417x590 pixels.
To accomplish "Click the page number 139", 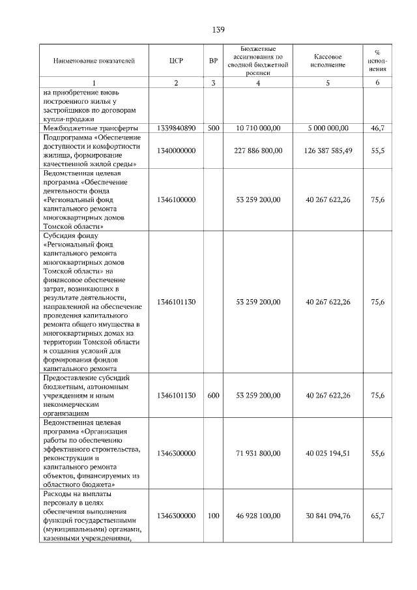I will click(218, 30).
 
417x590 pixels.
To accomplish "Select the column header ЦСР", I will click(176, 61).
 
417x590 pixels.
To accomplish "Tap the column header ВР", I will click(213, 61).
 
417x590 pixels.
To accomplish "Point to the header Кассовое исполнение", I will click(328, 61).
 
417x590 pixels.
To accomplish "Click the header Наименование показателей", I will click(94, 61).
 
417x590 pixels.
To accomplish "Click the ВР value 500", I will click(213, 128).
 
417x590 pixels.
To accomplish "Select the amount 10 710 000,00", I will click(259, 128).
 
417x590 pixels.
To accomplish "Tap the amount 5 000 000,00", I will click(328, 128).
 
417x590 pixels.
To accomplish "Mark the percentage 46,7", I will click(377, 128).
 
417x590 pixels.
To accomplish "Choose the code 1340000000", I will click(176, 151).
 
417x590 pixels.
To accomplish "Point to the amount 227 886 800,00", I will click(259, 151).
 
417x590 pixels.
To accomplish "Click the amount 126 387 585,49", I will click(328, 151).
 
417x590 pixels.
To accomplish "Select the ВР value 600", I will click(213, 396).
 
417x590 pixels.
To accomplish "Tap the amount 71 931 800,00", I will click(259, 453).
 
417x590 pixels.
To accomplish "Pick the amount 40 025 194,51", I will click(328, 453).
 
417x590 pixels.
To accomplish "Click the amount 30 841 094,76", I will click(328, 516).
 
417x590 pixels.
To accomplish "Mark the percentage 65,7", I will click(377, 516).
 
